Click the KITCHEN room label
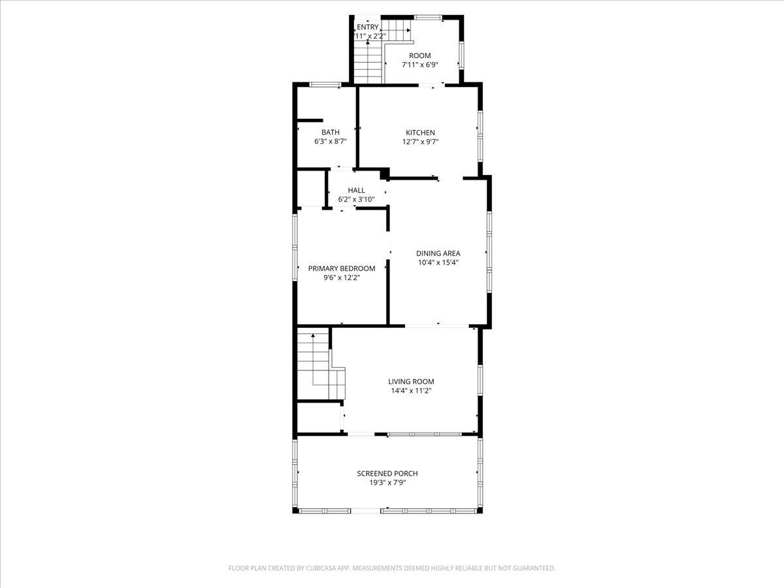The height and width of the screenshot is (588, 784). (420, 133)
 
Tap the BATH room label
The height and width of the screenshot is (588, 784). (331, 132)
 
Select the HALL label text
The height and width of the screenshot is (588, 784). (356, 190)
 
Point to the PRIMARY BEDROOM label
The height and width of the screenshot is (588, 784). (342, 269)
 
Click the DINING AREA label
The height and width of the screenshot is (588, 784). (438, 253)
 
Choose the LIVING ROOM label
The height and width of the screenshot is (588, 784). (411, 382)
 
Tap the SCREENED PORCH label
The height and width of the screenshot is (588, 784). (387, 474)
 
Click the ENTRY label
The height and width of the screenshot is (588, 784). (368, 27)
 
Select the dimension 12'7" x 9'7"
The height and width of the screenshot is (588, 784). (420, 142)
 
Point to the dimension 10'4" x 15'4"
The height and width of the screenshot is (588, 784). (438, 263)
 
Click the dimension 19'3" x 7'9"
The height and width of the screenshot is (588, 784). (387, 483)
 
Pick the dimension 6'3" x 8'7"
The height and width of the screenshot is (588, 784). (331, 141)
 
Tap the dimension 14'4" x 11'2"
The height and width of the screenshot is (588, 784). (411, 391)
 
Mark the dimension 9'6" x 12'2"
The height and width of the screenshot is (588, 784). (342, 278)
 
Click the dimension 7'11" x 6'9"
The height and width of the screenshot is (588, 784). (420, 65)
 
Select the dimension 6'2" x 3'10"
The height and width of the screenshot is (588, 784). (356, 199)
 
